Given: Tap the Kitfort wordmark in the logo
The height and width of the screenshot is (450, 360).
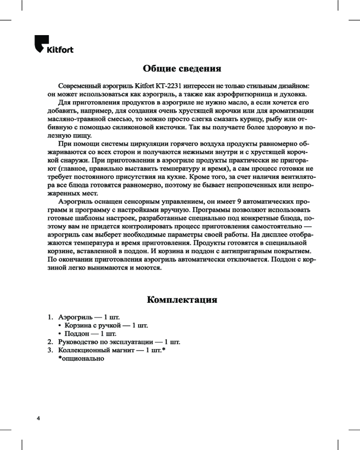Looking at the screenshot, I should (60, 49).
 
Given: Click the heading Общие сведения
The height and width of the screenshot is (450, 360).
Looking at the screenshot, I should (182, 69).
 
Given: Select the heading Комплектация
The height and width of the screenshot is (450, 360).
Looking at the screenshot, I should (182, 299).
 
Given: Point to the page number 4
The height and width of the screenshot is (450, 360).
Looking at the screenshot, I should (39, 418).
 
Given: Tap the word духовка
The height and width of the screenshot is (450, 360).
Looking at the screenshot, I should (292, 94).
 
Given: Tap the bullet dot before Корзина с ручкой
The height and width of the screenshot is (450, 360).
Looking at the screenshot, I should (60, 325).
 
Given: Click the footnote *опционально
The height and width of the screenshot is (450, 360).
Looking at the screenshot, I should (81, 359).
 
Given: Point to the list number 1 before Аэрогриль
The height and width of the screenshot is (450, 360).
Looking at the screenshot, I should (50, 317).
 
